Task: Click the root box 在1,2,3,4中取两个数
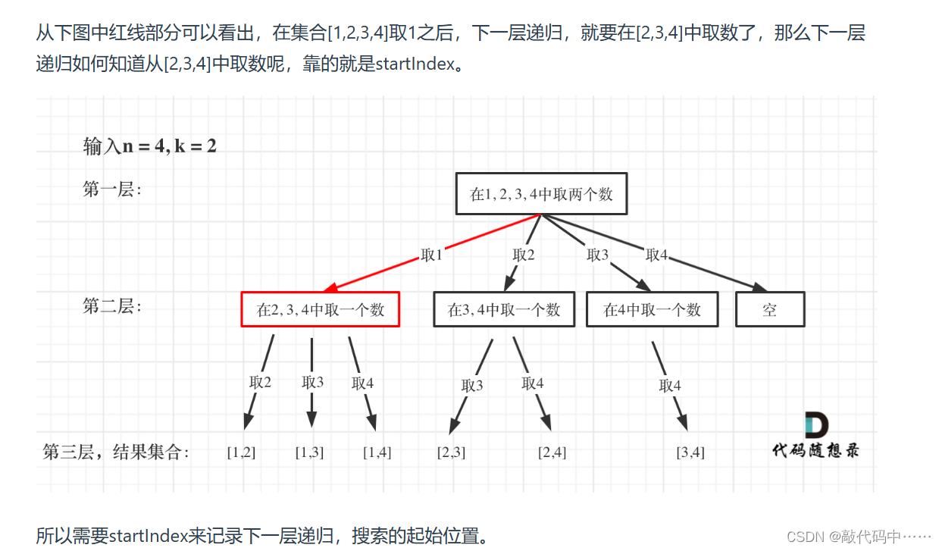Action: [x=541, y=194]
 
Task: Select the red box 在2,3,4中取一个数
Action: [x=320, y=309]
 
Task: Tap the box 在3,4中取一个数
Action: [x=503, y=309]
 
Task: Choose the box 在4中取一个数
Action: [x=652, y=309]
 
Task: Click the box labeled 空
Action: [x=770, y=309]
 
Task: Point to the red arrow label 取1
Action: [x=432, y=255]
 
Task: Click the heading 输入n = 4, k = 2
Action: [x=150, y=146]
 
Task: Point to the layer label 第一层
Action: [x=111, y=189]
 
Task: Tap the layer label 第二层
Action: [x=111, y=306]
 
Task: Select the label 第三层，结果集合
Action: [x=116, y=452]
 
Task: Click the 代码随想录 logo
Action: [x=815, y=437]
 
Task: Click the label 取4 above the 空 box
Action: [x=657, y=255]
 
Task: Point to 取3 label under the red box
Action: [x=312, y=382]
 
